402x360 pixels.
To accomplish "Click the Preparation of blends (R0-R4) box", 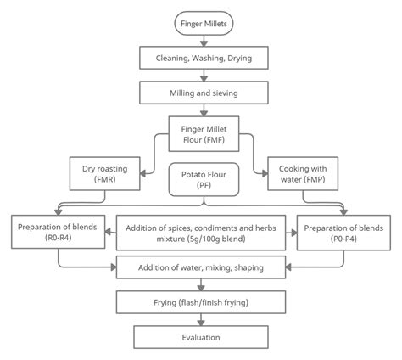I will pos(59,233).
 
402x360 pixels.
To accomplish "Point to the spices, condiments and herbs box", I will pos(200,233).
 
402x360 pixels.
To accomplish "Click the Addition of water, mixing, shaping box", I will pos(200,268).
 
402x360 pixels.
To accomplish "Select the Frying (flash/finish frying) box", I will pos(200,302).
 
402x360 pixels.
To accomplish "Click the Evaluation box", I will pos(200,337).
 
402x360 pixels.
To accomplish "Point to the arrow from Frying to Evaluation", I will pos(200,319).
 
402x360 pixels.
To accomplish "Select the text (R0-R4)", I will pos(59,239).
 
